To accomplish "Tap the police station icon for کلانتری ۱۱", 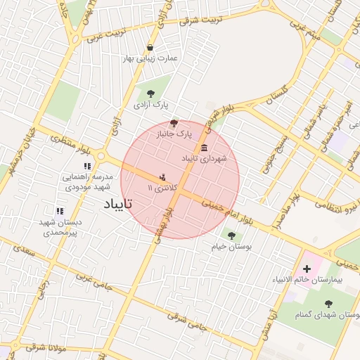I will point(163,177).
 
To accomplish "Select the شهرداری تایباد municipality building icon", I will point(204,148).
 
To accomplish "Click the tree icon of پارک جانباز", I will point(174,122).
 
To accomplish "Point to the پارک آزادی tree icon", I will point(150,92).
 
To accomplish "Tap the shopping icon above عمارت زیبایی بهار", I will point(150,48).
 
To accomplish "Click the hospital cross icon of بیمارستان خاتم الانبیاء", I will point(307,269).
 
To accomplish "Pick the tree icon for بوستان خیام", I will point(231,236).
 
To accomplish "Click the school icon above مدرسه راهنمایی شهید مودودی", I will point(87,167).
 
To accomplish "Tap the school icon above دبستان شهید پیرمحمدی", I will point(60,210).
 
